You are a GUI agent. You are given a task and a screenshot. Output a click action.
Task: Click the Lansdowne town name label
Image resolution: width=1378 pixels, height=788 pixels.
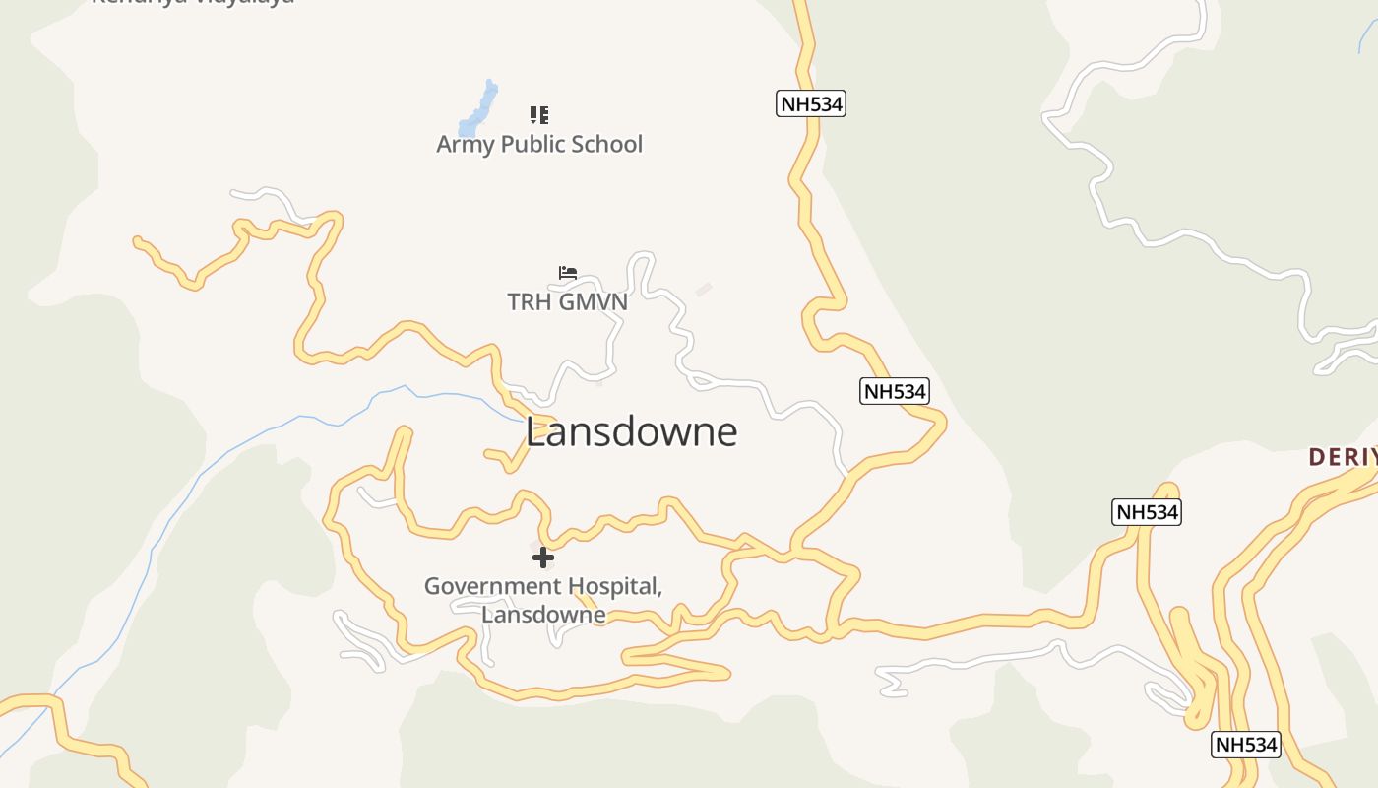[x=631, y=432]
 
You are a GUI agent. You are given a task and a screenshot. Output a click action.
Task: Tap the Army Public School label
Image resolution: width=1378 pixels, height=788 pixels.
[x=539, y=145]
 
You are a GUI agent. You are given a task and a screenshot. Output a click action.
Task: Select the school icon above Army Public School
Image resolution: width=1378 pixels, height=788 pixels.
[x=538, y=115]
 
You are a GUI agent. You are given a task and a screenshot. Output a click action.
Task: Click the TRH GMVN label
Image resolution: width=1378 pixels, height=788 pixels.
[x=567, y=302]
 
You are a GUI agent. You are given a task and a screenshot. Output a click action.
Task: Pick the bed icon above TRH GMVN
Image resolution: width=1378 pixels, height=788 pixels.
[x=567, y=273]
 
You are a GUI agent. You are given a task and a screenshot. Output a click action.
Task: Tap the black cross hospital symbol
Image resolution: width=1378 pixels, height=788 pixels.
[x=542, y=558]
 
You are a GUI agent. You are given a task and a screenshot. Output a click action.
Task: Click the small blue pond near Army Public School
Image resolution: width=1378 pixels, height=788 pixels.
[x=479, y=109]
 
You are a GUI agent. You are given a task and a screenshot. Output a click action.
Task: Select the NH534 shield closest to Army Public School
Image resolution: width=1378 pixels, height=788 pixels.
[x=811, y=103]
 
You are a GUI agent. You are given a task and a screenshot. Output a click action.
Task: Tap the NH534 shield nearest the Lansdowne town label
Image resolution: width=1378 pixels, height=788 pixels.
[x=895, y=391]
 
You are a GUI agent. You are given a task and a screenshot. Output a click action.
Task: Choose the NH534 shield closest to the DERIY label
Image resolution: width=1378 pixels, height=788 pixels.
[x=1147, y=512]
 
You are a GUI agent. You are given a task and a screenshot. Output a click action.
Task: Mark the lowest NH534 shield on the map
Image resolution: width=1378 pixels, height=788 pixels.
[x=1245, y=745]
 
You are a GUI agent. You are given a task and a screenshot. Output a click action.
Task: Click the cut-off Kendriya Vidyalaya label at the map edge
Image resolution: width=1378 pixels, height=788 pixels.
[x=192, y=3]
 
